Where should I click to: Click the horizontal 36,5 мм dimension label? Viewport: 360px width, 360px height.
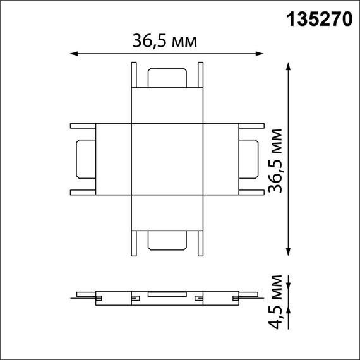[x=164, y=42]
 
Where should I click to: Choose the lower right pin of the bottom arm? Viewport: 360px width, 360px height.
[x=200, y=243]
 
